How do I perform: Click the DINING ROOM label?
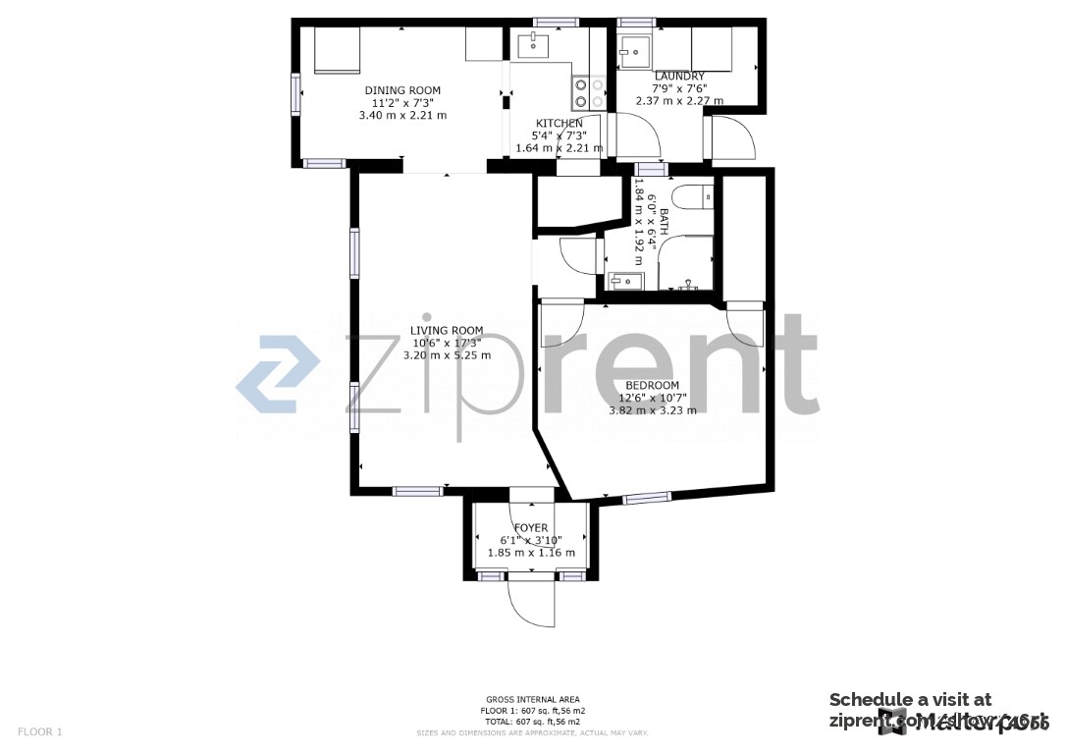tap(402, 90)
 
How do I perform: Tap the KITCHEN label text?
tap(559, 124)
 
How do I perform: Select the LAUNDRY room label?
tap(679, 77)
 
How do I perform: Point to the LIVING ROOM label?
tap(447, 331)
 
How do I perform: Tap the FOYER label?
tap(531, 528)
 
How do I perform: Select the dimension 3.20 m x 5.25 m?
tap(447, 355)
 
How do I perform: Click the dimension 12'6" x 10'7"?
tap(652, 399)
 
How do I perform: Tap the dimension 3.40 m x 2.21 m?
tap(402, 115)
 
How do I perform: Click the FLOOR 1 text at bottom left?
tap(40, 731)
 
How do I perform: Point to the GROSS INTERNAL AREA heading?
tap(533, 700)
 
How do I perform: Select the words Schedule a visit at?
tap(910, 700)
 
